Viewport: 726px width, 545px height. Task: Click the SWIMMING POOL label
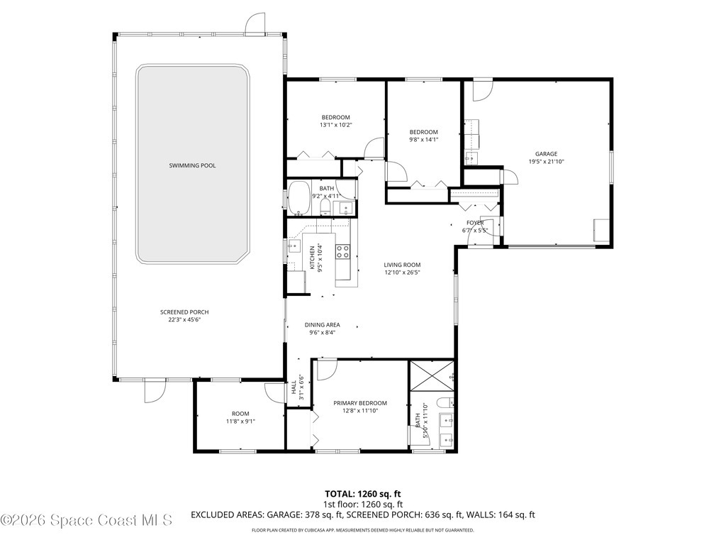[192, 165]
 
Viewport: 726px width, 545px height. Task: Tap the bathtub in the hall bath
[299, 198]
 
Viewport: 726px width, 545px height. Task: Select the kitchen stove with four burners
[342, 251]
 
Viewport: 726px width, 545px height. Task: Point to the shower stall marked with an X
[432, 374]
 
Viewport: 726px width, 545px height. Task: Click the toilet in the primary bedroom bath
[445, 404]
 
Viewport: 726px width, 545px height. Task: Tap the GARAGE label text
[546, 154]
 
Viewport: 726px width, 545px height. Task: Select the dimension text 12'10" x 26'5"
[403, 272]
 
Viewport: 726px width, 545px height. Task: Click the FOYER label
[475, 223]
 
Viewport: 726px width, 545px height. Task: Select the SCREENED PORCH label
[184, 312]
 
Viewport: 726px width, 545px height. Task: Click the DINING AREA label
[323, 325]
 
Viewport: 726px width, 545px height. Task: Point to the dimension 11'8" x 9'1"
[240, 422]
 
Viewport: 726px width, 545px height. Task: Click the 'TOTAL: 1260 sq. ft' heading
[363, 493]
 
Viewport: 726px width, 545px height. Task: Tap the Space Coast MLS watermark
[86, 520]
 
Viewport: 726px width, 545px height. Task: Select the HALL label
[293, 389]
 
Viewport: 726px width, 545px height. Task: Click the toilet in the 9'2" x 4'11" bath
[325, 207]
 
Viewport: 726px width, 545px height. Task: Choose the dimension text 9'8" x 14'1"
[424, 140]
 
